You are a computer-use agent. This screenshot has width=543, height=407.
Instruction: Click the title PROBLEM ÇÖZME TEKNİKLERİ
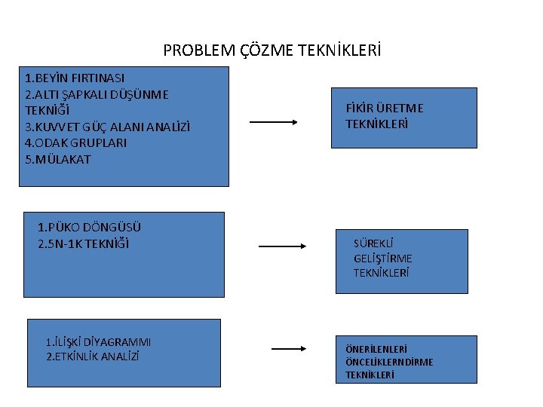[271, 51]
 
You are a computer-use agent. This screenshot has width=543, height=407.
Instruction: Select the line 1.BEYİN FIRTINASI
[75, 78]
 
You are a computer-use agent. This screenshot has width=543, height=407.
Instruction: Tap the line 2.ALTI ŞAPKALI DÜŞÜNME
[97, 94]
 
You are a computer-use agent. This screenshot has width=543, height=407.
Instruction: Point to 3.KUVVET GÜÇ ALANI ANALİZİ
[107, 127]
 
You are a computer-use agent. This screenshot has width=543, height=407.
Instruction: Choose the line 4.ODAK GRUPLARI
[75, 142]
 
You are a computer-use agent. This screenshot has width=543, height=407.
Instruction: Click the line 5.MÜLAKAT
[57, 159]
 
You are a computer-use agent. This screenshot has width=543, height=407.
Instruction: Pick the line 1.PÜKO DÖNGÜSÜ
[89, 227]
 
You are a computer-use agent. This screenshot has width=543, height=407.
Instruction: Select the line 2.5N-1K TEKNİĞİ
[83, 243]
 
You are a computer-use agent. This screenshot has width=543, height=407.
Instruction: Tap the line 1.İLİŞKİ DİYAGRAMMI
[98, 342]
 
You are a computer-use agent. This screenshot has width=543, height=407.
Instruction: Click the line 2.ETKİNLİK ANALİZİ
[93, 356]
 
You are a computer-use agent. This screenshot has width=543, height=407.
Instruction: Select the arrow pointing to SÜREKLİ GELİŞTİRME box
[281, 246]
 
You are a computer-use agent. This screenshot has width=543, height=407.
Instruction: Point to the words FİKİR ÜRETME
[385, 109]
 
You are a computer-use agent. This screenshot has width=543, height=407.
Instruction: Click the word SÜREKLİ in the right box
[373, 243]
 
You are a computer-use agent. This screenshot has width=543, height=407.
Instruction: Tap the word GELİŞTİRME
[382, 259]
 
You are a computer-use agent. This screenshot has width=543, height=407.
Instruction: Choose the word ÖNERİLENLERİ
[376, 350]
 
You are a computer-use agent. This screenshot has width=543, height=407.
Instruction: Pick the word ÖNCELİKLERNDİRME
[389, 362]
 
